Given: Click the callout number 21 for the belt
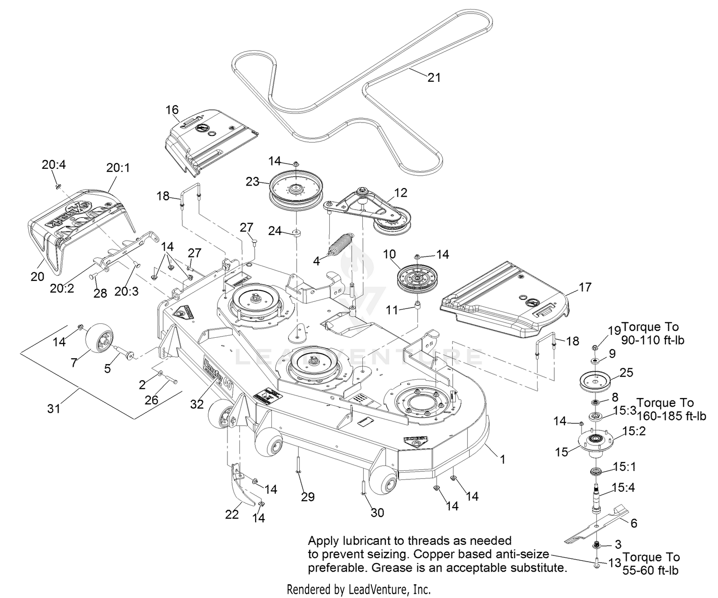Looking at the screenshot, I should click(434, 77).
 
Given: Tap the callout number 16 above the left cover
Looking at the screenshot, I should click(172, 111).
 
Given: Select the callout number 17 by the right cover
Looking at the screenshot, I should click(585, 287).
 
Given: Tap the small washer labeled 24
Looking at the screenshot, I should click(297, 233).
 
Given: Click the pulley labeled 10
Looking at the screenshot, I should click(417, 280).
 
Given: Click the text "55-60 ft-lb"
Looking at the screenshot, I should click(651, 570).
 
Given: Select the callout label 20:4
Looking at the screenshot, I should click(54, 165).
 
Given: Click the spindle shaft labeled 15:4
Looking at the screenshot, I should click(598, 498).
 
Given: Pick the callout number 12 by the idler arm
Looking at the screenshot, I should click(401, 193).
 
